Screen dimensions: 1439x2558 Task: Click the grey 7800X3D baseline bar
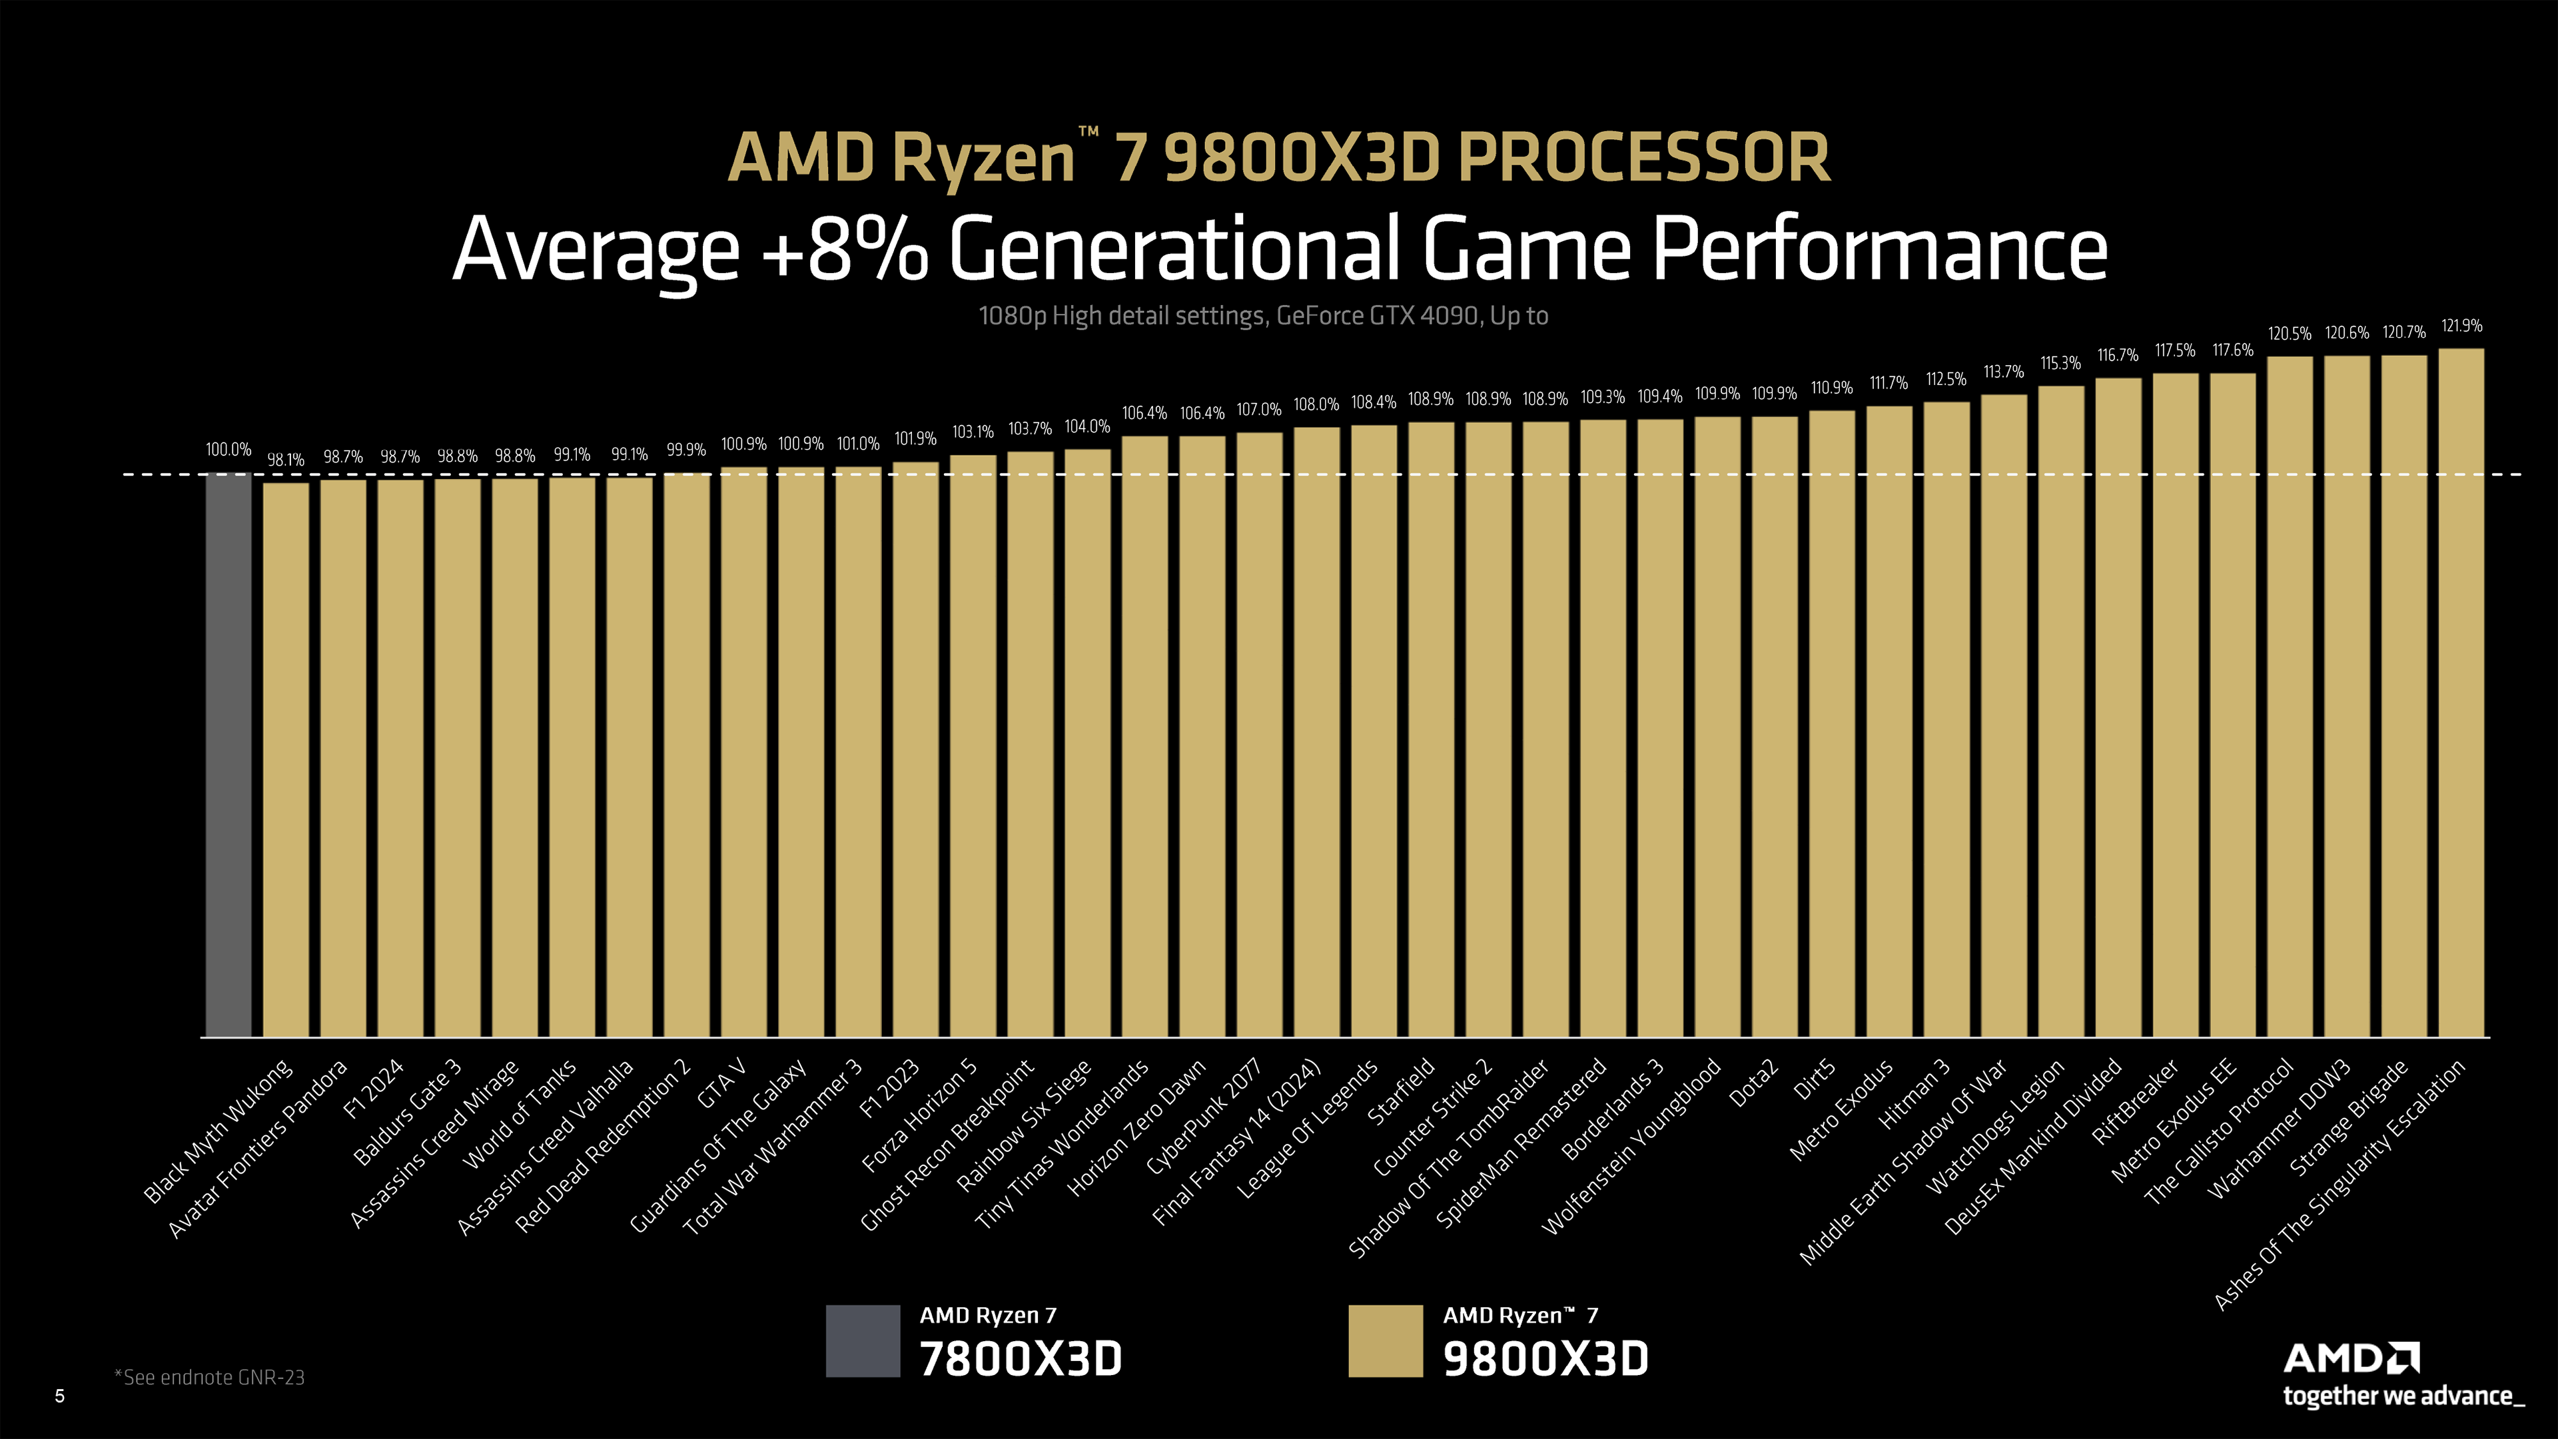pyautogui.click(x=228, y=755)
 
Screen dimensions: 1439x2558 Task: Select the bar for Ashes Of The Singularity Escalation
pyautogui.click(x=2461, y=695)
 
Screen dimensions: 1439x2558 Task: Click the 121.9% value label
pyautogui.click(x=2461, y=326)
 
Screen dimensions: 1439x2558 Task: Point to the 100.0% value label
pyautogui.click(x=228, y=450)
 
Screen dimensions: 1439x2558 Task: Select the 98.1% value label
pyautogui.click(x=286, y=460)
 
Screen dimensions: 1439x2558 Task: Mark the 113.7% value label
pyautogui.click(x=2003, y=372)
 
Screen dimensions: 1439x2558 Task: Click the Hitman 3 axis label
pyautogui.click(x=1915, y=1095)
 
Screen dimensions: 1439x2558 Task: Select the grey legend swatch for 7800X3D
pyautogui.click(x=863, y=1340)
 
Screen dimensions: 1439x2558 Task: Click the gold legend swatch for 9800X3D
pyautogui.click(x=1386, y=1340)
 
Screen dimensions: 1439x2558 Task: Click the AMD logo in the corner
pyautogui.click(x=2350, y=1358)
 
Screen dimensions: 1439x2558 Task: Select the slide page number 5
pyautogui.click(x=59, y=1396)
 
